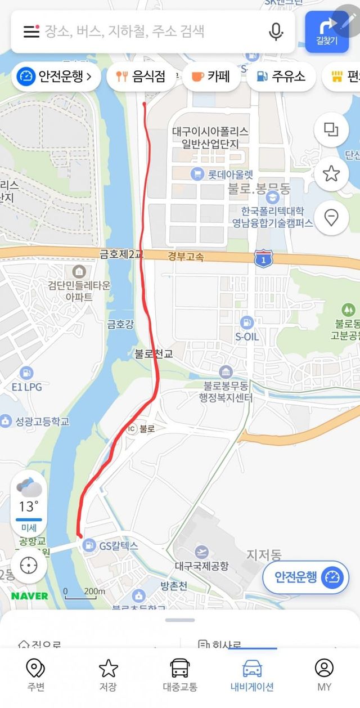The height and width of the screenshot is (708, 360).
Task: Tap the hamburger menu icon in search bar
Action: coord(31,31)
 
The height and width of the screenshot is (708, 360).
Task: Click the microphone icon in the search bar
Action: coord(276,31)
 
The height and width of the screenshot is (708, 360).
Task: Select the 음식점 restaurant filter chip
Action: coord(140,77)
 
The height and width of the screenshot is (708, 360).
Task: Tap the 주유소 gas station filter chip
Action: coord(280,77)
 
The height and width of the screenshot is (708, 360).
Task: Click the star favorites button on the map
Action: coord(331,173)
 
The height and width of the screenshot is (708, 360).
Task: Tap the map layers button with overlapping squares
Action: coord(331,130)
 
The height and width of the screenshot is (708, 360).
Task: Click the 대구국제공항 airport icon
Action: coord(201,552)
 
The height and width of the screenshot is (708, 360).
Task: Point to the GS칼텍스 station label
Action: coord(118,545)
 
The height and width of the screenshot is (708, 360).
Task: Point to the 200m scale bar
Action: coord(84,592)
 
